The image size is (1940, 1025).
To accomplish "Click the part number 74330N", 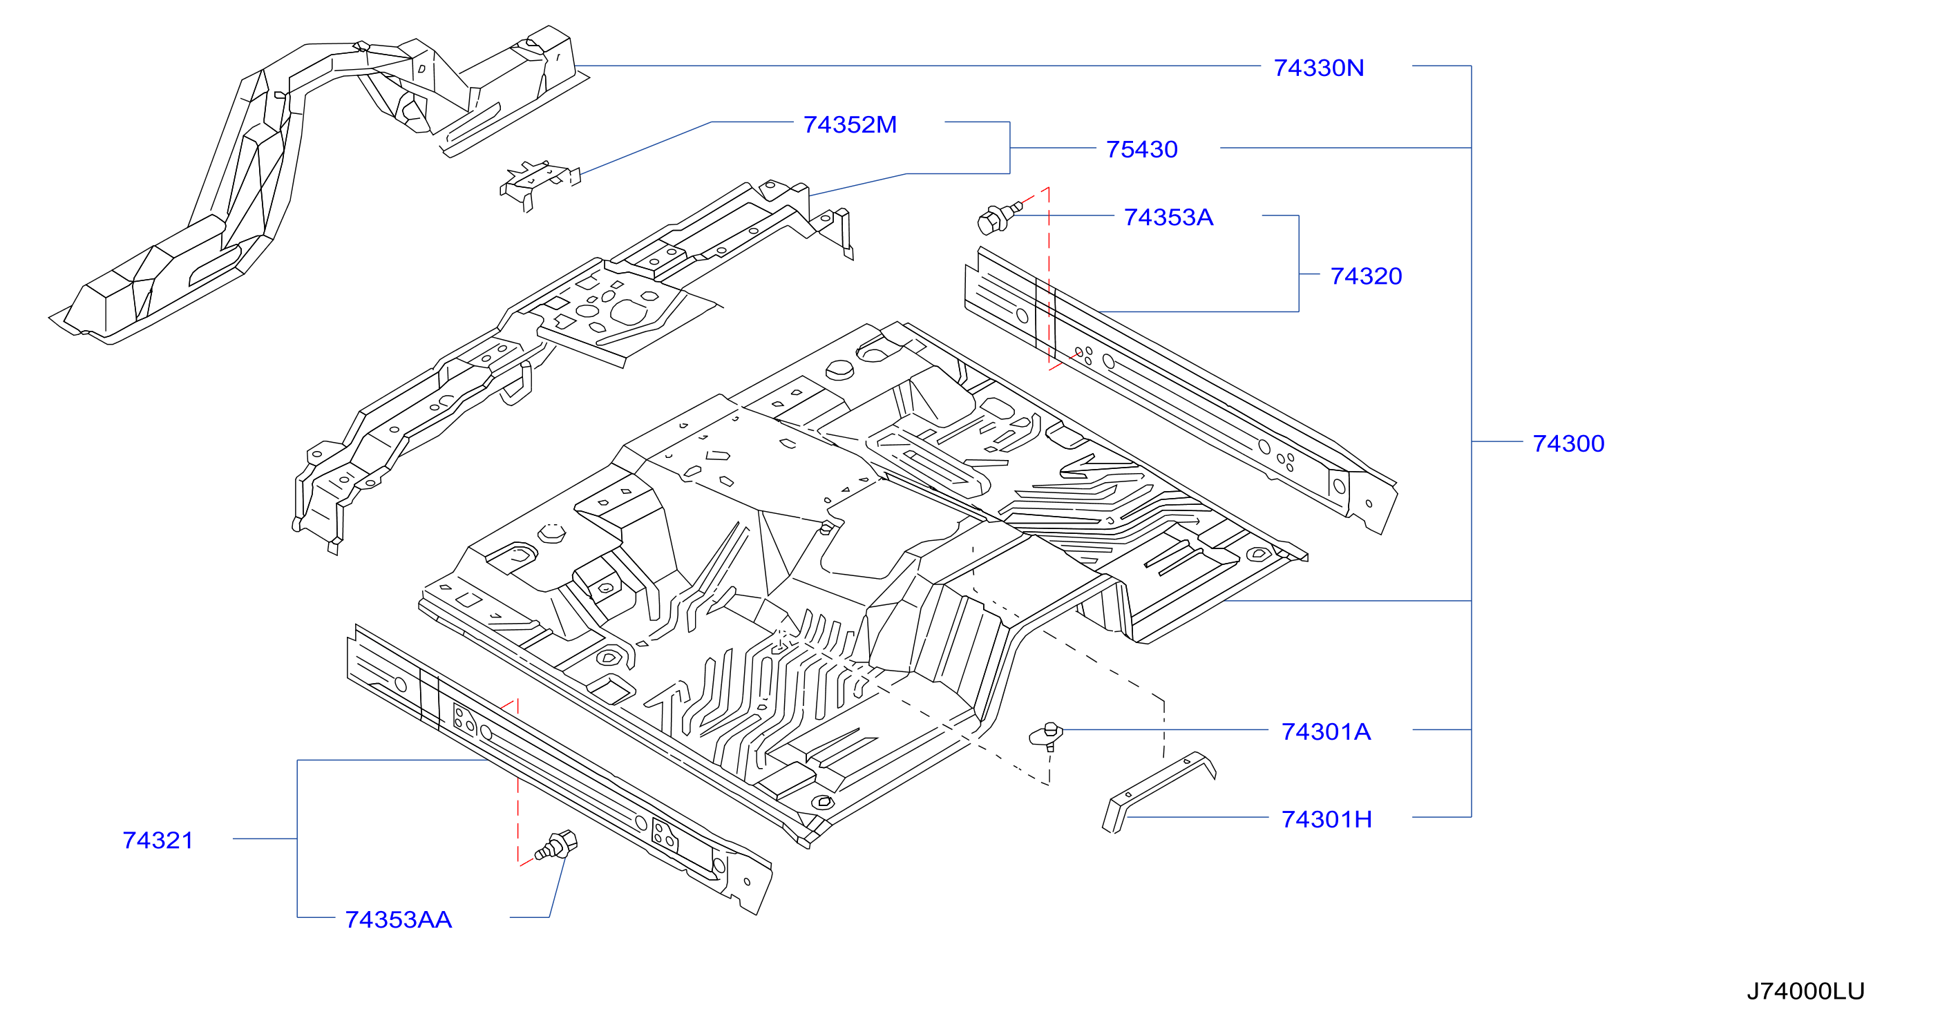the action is coord(1318,68).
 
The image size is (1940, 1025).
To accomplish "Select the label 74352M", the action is coord(850,124).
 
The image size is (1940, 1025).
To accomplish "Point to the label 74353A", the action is coord(1168,217).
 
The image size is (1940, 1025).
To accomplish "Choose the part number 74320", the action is coord(1365,276).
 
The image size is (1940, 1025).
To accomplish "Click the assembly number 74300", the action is coord(1568,443).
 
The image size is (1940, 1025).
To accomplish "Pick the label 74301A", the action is coord(1326,731).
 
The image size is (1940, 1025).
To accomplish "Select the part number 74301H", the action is coord(1326,818).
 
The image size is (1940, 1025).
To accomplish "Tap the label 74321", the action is coord(158,840).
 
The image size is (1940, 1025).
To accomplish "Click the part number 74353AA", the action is coord(398,919).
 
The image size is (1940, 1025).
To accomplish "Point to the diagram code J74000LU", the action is coord(1805,990).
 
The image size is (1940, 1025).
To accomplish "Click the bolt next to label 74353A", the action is coord(998,218).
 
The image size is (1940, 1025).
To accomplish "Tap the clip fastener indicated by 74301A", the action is coord(1047,736).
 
